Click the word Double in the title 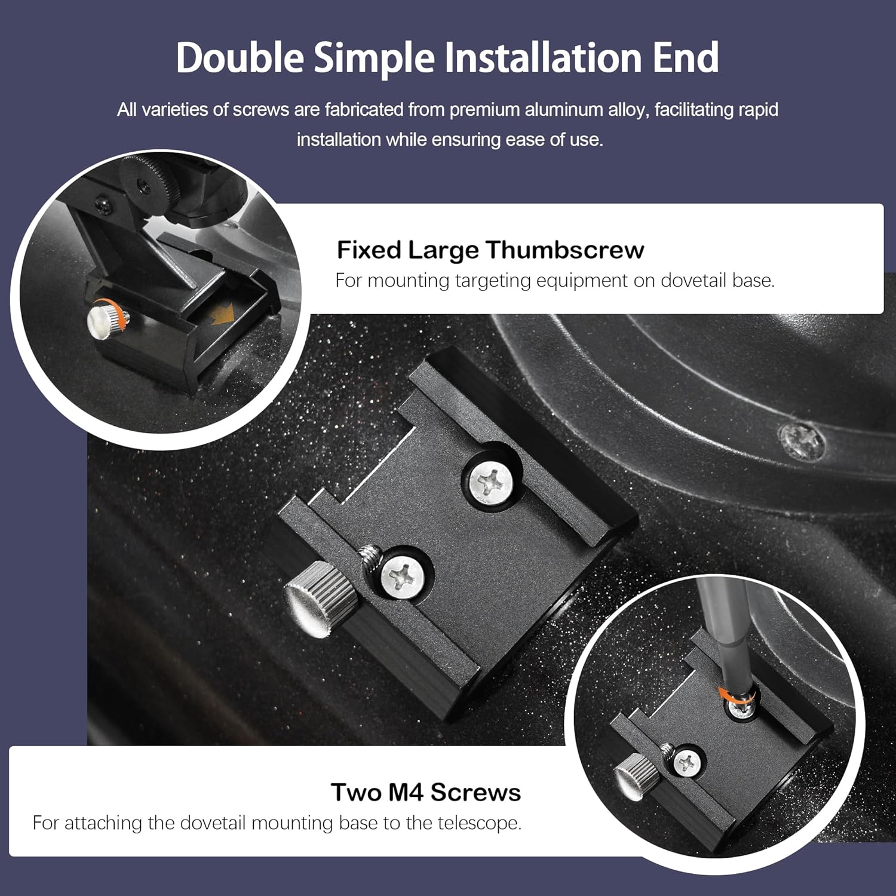click(240, 58)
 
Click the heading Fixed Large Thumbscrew click(490, 250)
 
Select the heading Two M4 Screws click(425, 792)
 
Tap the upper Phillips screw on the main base click(490, 481)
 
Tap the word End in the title click(685, 58)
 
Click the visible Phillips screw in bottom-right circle click(686, 763)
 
